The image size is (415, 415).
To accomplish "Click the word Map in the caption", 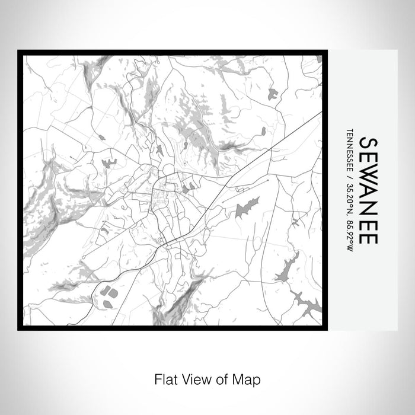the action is [249, 378].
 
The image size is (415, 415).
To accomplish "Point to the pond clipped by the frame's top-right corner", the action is [318, 59].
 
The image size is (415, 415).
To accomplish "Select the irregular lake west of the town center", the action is [109, 162].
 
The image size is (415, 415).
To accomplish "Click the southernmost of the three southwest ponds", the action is [107, 304].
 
